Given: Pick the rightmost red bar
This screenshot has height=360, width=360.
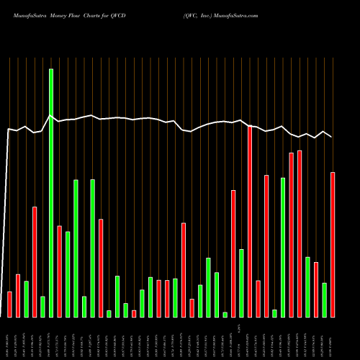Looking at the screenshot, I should [333, 245].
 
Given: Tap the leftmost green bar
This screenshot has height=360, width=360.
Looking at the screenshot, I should [26, 299].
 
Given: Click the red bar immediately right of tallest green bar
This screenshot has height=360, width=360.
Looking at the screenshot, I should [59, 271].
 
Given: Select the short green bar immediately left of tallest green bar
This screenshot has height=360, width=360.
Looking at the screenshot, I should [42, 307].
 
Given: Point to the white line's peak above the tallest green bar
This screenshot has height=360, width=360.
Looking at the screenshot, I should [51, 116].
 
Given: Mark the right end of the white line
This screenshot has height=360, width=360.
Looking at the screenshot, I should [331, 137].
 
